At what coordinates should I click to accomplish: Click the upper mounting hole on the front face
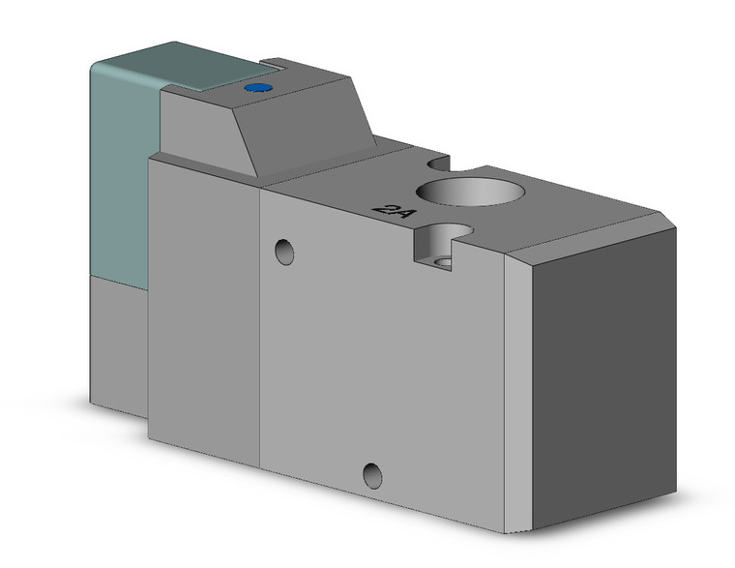coord(284,252)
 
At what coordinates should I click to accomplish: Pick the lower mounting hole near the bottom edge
coord(371,474)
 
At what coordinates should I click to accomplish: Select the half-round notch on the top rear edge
coord(441,160)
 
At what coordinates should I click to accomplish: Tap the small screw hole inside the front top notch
coord(444,261)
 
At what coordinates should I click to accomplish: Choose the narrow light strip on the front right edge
coord(520,387)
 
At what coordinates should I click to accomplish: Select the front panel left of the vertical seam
coord(203,310)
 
